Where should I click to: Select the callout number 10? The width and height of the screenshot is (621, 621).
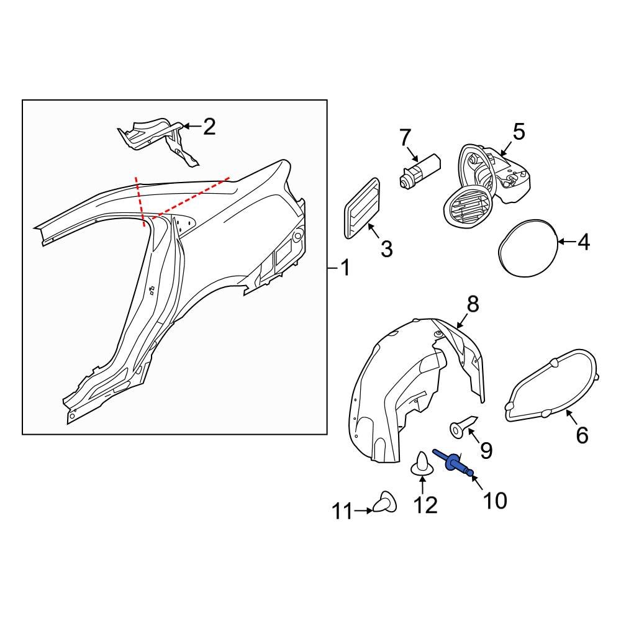495,500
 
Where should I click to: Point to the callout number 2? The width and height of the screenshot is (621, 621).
209,127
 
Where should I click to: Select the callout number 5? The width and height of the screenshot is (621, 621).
519,132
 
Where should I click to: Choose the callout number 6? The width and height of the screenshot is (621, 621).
581,435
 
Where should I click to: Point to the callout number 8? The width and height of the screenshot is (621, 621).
473,304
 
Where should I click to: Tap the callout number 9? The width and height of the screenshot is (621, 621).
485,450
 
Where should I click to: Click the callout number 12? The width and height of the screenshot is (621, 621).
425,505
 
